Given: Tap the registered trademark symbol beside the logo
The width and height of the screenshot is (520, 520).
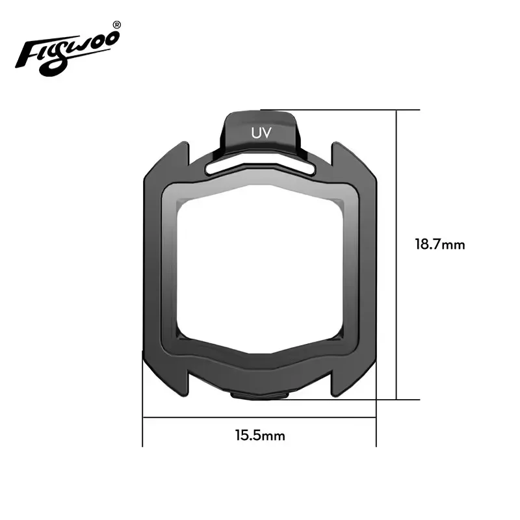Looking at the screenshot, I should (116, 25).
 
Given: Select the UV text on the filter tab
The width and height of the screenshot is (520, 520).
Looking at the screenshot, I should (260, 132).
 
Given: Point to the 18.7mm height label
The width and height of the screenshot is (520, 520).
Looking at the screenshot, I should (440, 244).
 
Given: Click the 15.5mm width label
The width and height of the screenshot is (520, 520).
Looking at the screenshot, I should (260, 435).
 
